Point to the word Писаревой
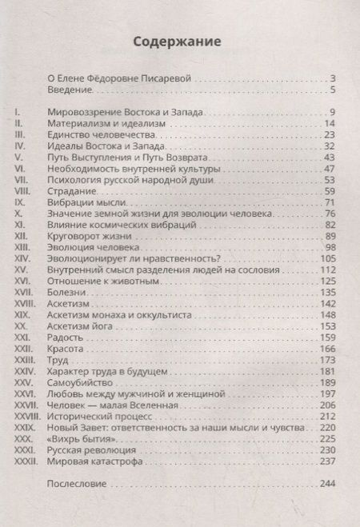point(170,78)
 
